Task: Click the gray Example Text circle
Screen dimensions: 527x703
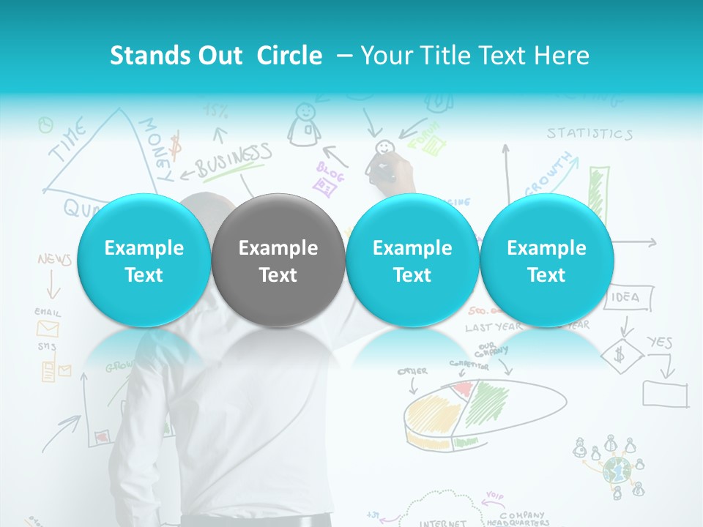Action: pos(278,261)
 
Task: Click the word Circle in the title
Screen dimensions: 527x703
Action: pos(289,56)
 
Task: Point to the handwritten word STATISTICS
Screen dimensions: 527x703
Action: pos(589,133)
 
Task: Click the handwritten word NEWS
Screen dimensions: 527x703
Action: pos(54,260)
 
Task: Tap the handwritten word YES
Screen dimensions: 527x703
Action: pos(659,342)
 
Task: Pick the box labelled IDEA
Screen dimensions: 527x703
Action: pos(625,297)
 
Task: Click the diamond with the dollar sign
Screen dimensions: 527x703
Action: pos(621,356)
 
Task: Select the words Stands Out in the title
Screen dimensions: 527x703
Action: pos(176,56)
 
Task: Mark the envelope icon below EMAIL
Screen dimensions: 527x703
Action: pos(48,328)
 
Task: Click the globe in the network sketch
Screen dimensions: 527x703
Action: pos(617,470)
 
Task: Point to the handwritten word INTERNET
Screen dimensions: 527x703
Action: pos(443,523)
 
